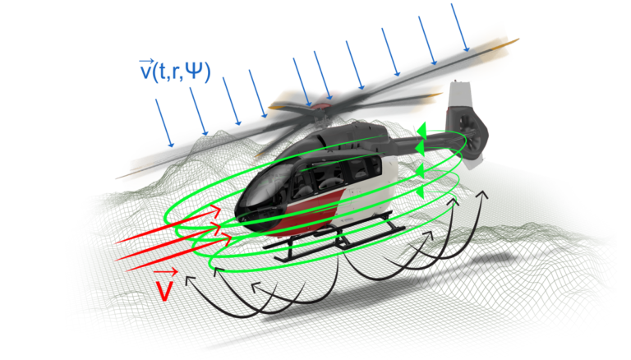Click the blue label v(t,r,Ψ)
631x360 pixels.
pyautogui.click(x=175, y=72)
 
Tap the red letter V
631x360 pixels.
pyautogui.click(x=164, y=290)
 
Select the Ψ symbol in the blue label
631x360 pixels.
pyautogui.click(x=196, y=72)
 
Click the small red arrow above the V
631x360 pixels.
pyautogui.click(x=166, y=272)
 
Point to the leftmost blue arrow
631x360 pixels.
pyautogui.click(x=164, y=122)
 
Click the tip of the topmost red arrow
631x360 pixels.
pyautogui.click(x=221, y=211)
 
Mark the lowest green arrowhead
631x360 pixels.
pyautogui.click(x=418, y=193)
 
